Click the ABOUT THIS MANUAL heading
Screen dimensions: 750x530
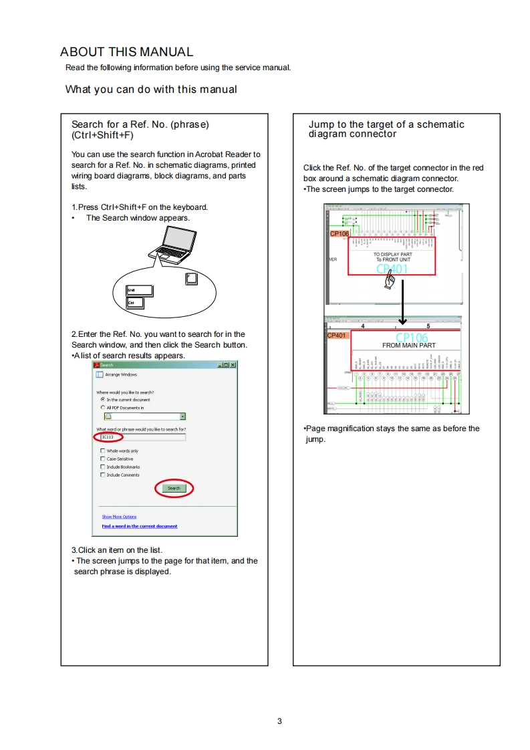[126, 52]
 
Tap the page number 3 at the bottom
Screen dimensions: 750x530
[279, 721]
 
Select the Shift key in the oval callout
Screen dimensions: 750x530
[140, 291]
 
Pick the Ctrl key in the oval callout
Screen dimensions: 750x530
[135, 303]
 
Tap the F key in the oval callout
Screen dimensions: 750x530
[191, 278]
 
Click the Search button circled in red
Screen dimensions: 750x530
[174, 489]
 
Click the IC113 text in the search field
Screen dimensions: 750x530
[107, 437]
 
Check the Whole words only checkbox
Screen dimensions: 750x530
[102, 451]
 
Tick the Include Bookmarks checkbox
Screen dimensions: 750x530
[102, 467]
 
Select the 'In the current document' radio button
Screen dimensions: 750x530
[102, 400]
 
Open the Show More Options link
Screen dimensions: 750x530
[119, 517]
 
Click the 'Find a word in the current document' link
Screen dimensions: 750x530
[139, 526]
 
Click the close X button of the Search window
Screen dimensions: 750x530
[233, 365]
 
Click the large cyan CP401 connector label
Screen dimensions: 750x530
[392, 269]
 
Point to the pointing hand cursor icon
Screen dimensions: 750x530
[388, 283]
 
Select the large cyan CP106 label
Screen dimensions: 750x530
[412, 337]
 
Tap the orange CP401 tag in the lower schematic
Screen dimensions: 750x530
[337, 335]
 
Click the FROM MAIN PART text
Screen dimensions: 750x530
[408, 346]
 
